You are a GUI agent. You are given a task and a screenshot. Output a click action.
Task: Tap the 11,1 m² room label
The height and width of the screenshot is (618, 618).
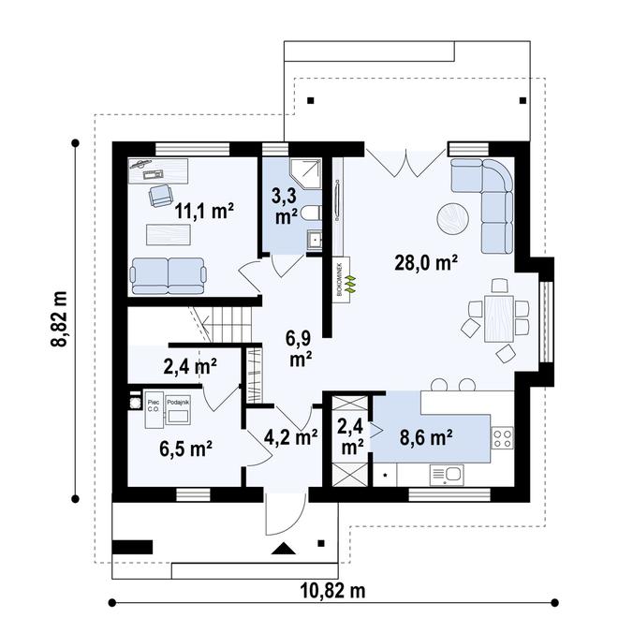[203, 211]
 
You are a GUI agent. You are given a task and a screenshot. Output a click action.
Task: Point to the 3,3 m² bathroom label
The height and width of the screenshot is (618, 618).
[286, 206]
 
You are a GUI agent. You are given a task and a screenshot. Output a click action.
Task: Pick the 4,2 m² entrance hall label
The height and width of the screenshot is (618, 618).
[291, 435]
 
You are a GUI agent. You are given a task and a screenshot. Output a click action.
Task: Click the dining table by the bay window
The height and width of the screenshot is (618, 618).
[498, 316]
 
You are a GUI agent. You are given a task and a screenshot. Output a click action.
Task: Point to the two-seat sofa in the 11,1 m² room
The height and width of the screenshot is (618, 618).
[169, 275]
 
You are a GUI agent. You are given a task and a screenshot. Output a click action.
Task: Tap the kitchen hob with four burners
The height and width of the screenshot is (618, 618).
[501, 436]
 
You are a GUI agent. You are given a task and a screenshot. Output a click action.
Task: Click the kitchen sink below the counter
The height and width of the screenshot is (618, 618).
[447, 476]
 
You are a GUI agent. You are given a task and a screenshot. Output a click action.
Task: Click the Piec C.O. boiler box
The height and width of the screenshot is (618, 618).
[153, 405]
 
